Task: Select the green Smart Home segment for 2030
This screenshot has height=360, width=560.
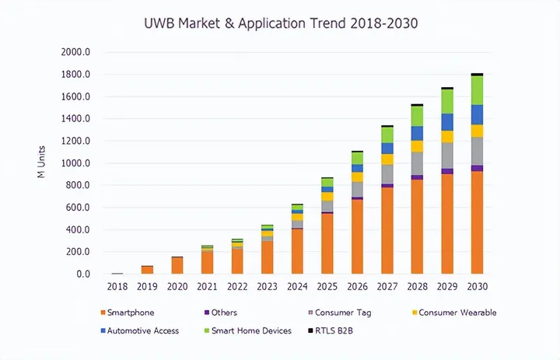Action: point(477,90)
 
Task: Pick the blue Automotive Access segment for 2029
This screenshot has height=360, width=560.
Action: point(447,122)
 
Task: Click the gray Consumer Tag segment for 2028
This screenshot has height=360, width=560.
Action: point(417,163)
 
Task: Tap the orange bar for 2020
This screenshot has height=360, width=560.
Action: point(177,266)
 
